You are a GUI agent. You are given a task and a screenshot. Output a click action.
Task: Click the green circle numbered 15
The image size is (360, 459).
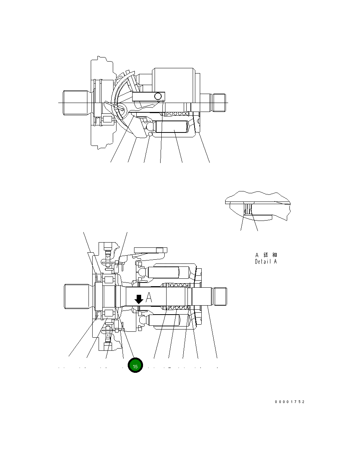click(x=135, y=366)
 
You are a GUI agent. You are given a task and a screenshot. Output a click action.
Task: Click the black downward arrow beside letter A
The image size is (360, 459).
click(x=139, y=299)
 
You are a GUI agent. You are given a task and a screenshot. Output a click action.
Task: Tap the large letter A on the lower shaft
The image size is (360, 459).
click(x=149, y=298)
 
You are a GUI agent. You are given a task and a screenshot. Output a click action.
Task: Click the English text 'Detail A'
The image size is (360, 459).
click(x=266, y=262)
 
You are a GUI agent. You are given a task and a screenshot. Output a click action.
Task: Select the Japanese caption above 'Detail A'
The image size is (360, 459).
click(x=266, y=255)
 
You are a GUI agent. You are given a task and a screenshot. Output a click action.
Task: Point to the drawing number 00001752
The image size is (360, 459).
click(x=290, y=402)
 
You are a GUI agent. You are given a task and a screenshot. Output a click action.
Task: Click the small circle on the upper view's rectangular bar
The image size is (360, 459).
click(x=159, y=97)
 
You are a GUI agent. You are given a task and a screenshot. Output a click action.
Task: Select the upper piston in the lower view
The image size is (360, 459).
click(x=164, y=272)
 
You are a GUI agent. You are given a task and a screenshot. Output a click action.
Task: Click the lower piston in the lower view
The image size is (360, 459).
click(x=164, y=320)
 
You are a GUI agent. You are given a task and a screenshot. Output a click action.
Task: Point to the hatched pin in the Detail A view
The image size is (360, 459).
click(x=247, y=209)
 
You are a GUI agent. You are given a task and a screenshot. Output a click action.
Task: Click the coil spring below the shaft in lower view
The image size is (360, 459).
click(x=178, y=308)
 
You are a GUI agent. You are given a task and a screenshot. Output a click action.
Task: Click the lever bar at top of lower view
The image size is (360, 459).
click(x=149, y=250)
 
